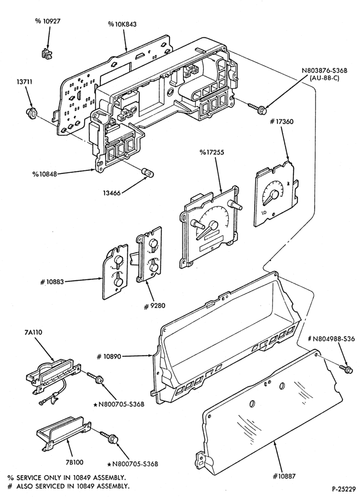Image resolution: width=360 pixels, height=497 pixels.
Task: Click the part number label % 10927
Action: coord(48,21)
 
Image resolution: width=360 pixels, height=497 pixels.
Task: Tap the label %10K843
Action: coord(122,24)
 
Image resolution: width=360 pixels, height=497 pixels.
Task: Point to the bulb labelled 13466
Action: coord(148,173)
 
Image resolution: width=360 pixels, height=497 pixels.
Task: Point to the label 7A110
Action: coord(33,332)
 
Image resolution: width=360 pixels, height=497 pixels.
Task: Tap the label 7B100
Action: coord(74,462)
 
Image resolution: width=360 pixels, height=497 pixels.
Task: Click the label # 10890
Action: coord(109,356)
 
